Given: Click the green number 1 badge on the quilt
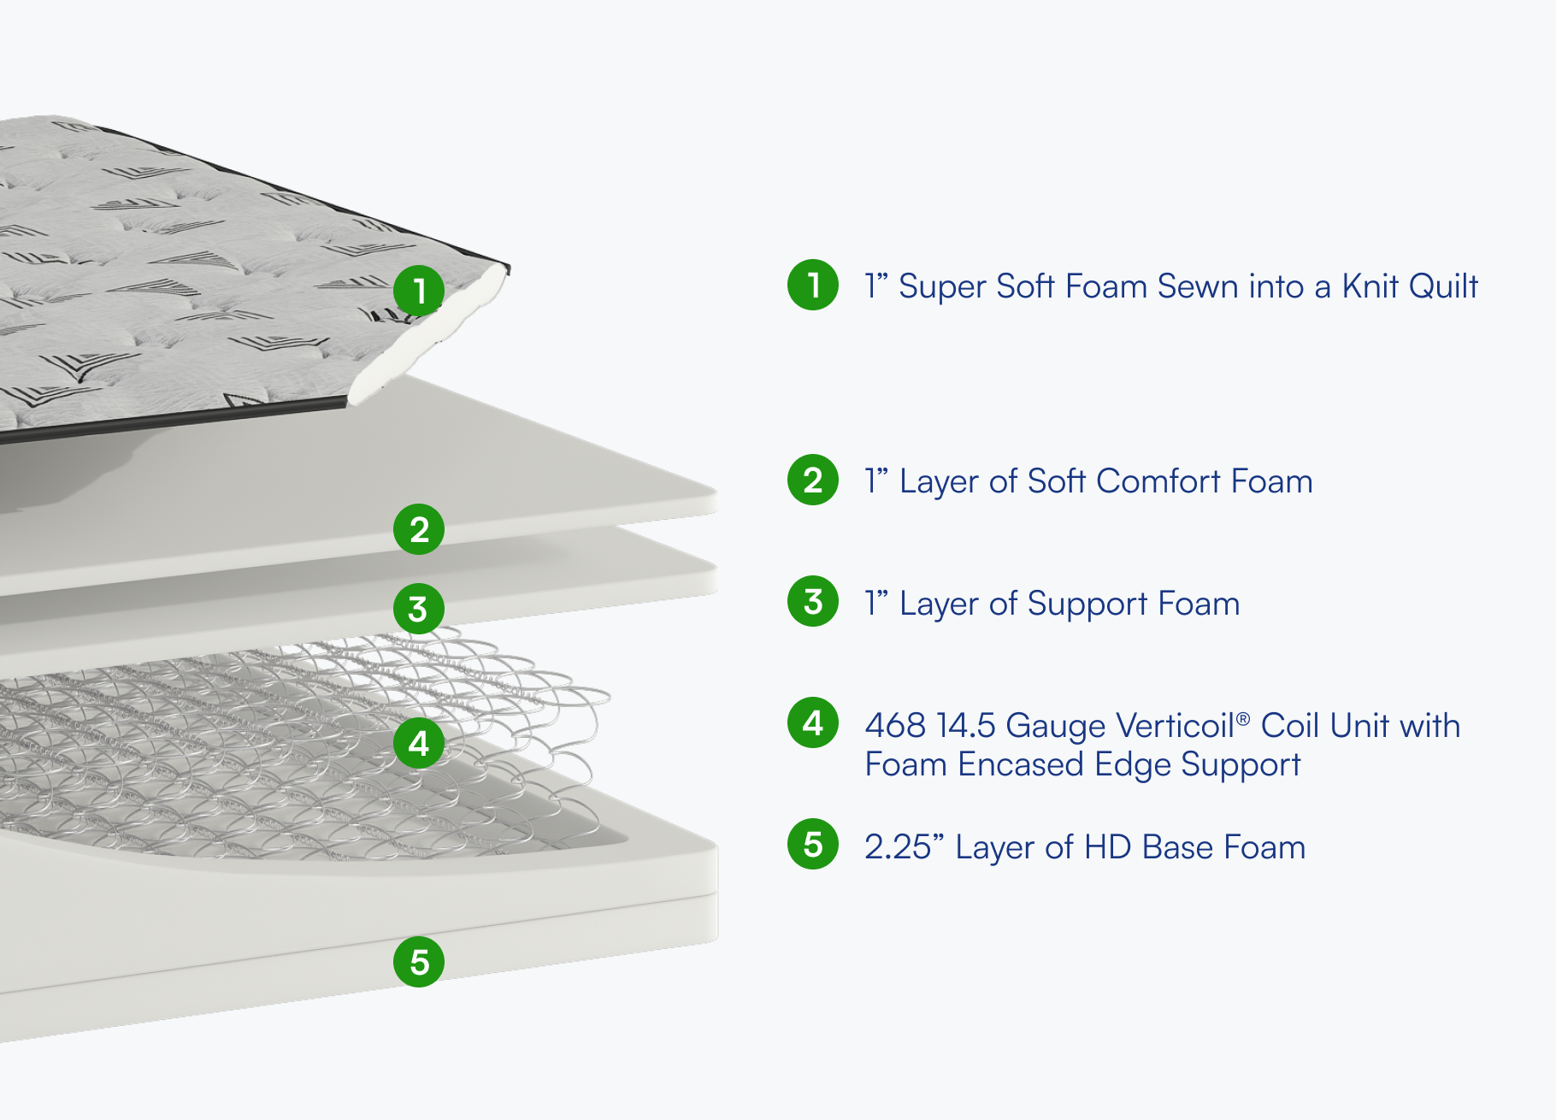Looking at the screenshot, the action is [x=419, y=290].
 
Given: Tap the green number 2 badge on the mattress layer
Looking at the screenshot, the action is [x=419, y=529].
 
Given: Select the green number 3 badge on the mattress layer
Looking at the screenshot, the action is [x=419, y=609].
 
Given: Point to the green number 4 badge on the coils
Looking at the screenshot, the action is [x=419, y=743].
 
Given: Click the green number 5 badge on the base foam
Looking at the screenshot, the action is [x=419, y=962].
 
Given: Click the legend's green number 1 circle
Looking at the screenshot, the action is [x=813, y=285].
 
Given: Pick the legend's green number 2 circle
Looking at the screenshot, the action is [x=813, y=480].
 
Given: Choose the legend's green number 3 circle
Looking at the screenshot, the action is [x=813, y=601].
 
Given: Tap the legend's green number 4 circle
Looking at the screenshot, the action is [x=813, y=723].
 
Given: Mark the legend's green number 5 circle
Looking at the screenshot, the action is [x=813, y=845].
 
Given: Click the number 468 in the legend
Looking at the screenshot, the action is [x=895, y=726].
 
